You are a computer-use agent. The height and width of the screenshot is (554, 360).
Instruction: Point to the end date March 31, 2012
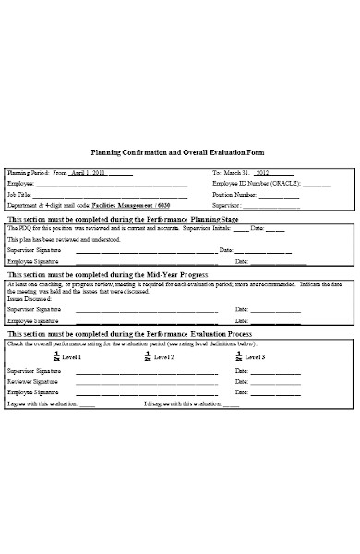pos(246,173)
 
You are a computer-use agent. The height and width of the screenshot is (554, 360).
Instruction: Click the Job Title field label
pos(19,195)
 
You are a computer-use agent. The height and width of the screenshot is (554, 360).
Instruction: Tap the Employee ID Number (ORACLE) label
pos(244,184)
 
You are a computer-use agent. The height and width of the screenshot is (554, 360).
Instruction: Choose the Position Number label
pos(234,195)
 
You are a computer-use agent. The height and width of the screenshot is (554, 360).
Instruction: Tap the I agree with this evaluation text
pos(51,403)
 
